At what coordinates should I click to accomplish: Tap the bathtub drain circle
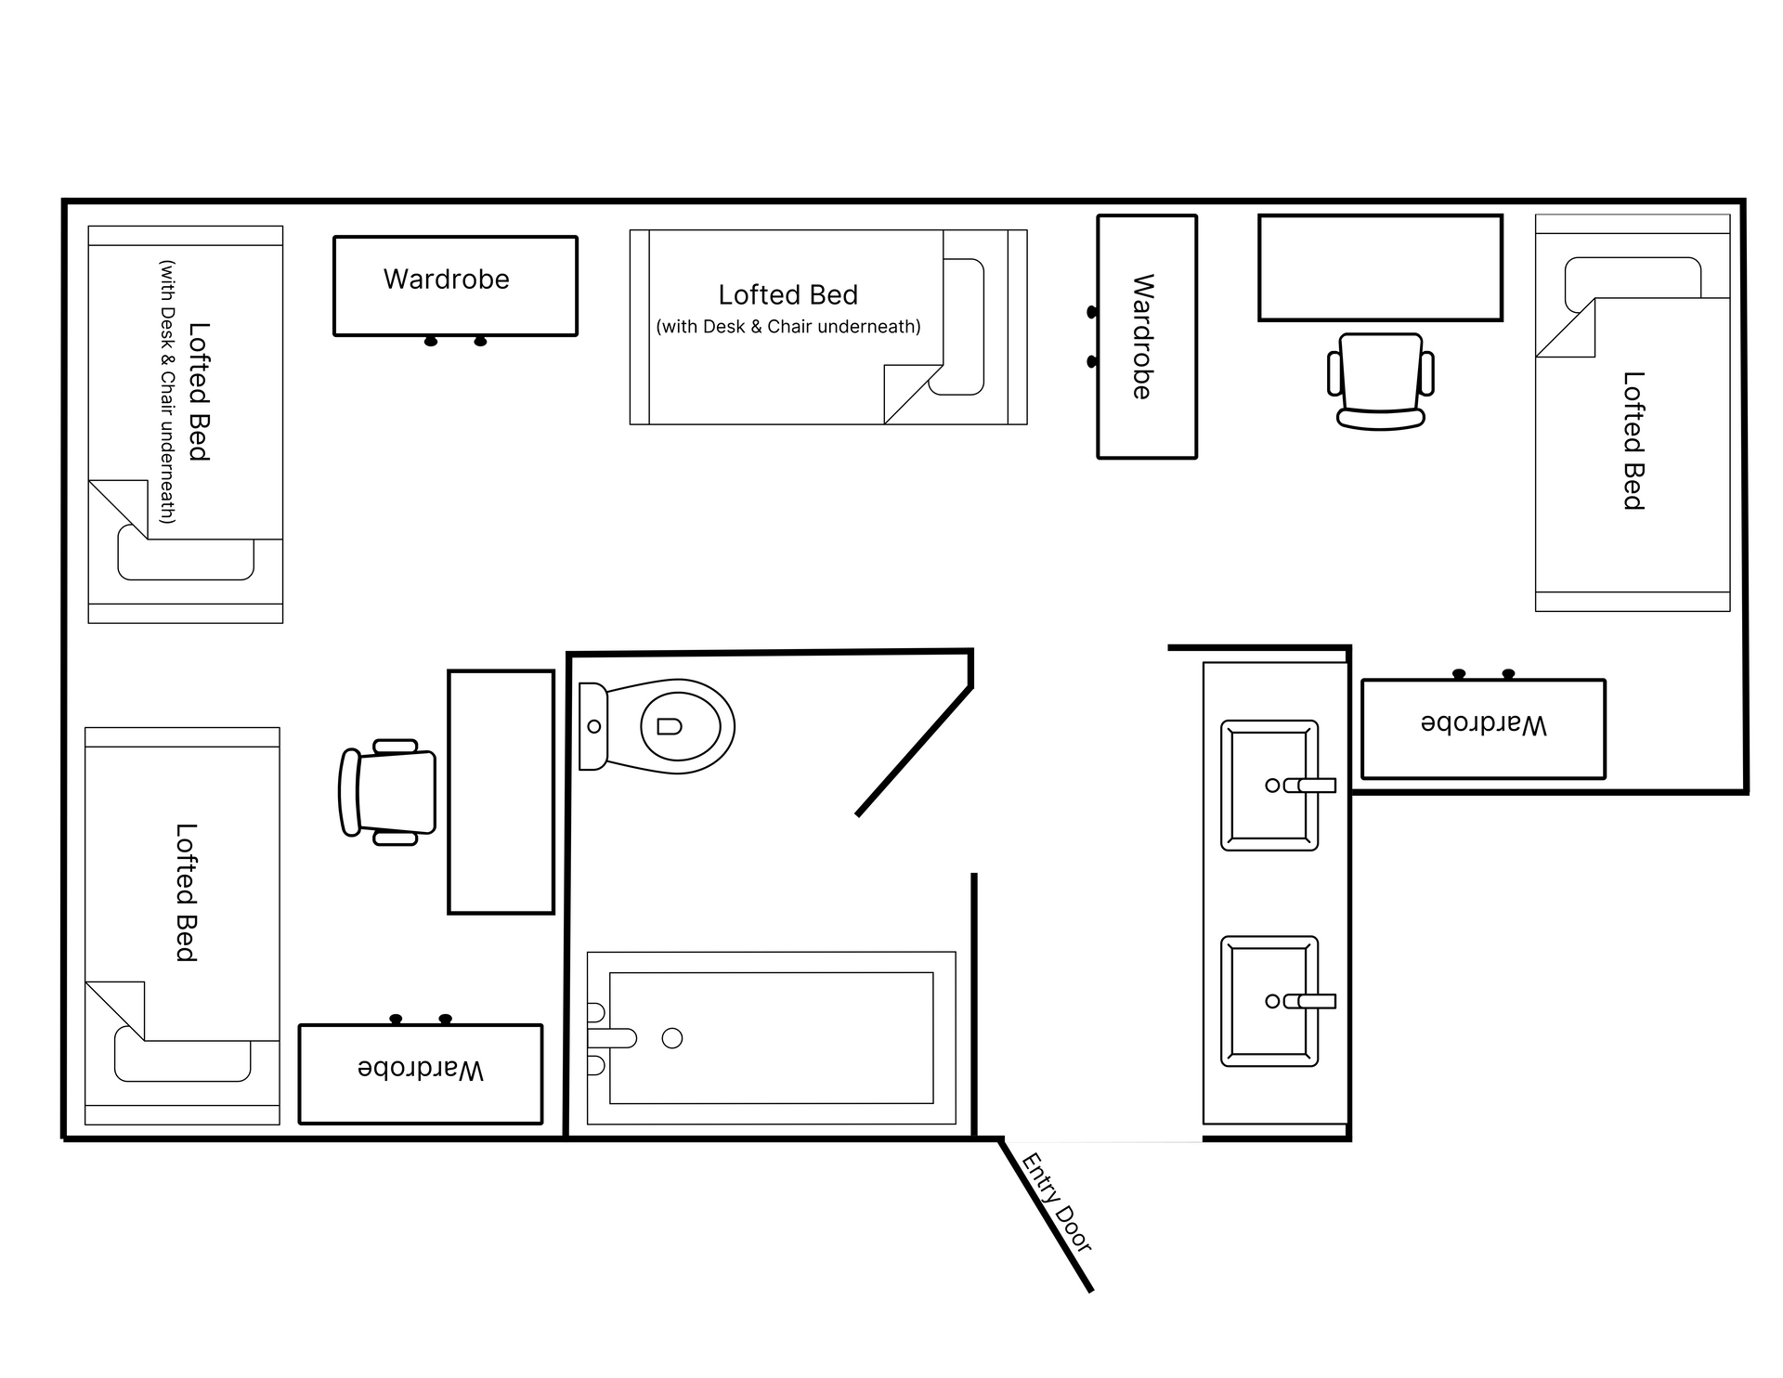coord(672,1038)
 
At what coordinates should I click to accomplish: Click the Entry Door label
coord(1057,1202)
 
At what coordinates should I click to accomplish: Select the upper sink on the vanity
coord(1269,786)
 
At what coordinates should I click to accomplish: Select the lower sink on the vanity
coord(1269,1001)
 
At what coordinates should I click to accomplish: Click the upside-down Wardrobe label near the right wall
coord(1483,724)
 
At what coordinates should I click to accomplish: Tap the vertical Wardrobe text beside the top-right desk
coord(1143,336)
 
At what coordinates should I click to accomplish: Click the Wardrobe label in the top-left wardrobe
coord(447,279)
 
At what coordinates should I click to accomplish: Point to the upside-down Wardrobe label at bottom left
coord(421,1070)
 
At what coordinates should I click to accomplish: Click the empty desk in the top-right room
coord(1380,267)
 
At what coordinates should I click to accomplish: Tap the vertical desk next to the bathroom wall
coord(501,792)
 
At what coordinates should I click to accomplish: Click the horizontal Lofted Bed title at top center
coord(787,295)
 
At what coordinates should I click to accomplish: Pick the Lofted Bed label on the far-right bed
coord(1633,440)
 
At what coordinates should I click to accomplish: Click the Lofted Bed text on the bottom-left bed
coord(186,891)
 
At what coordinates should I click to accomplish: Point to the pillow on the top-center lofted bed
coord(964,327)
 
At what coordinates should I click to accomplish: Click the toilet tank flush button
coord(594,726)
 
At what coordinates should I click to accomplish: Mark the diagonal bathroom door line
coord(914,750)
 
